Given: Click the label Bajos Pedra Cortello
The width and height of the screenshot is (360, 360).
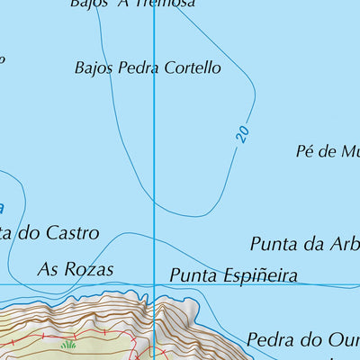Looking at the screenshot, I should tap(148, 67).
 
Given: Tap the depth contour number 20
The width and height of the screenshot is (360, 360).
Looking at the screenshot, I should tap(242, 133).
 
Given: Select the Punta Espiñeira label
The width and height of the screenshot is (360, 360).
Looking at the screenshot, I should tap(233, 275).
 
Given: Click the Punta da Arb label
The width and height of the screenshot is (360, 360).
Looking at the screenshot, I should tap(304, 244).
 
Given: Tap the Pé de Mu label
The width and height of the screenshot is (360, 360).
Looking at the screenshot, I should tap(327, 151).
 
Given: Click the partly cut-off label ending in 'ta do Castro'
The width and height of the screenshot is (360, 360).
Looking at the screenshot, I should tap(49, 233).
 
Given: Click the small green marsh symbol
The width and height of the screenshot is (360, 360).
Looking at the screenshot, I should tap(68, 344).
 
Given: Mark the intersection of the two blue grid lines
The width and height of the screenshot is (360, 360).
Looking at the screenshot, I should tap(154, 285).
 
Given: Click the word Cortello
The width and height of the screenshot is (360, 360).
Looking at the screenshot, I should tap(192, 67).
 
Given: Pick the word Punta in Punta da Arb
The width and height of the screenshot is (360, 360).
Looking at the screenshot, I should tap(272, 244).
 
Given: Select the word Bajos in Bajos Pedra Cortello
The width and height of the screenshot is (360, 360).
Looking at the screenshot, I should tap(95, 67).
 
